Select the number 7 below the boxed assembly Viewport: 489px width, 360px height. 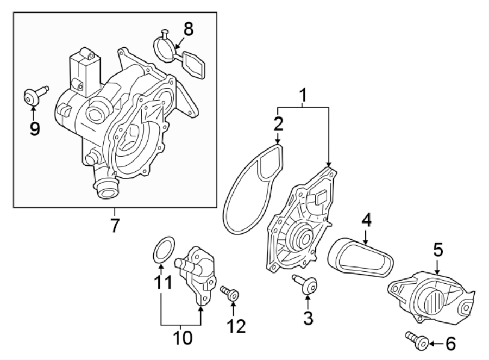115,225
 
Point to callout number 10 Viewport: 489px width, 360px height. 183,338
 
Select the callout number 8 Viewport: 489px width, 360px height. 188,29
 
